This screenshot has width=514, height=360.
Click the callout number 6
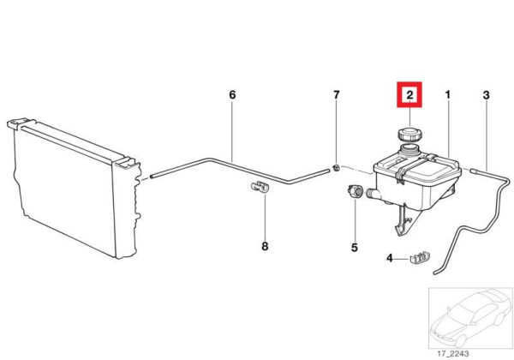coord(232,95)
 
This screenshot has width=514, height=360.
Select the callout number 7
coord(337,95)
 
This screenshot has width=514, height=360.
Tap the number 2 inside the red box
coord(409,95)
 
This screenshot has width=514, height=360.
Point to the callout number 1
coord(448,95)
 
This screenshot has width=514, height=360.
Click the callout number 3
coord(486,95)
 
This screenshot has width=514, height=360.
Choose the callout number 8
coord(265,246)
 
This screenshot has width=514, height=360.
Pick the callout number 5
coord(355,247)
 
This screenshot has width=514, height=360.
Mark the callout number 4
coord(390,258)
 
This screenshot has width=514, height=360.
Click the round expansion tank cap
coord(409,135)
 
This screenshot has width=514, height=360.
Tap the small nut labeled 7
coord(336,169)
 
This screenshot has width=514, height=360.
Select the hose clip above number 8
coord(260,187)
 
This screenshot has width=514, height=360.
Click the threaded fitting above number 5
coord(355,191)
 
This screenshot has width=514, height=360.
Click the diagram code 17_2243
coord(453,353)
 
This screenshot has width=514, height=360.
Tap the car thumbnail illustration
coord(470,318)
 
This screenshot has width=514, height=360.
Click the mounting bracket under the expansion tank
coord(405,219)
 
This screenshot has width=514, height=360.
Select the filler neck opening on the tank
coord(409,147)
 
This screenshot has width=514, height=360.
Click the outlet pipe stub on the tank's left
coord(373,194)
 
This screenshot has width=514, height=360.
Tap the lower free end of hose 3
coord(436,273)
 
